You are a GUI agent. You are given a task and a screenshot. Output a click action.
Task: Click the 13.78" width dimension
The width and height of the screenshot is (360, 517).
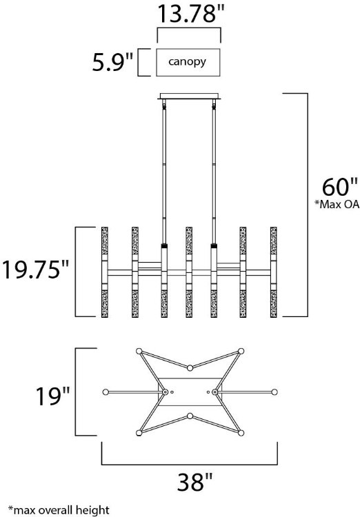pos(189,13)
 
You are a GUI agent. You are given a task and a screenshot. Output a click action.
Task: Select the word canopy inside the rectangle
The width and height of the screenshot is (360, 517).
pos(188,63)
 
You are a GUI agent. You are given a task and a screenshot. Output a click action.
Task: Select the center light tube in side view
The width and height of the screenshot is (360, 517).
pos(189,270)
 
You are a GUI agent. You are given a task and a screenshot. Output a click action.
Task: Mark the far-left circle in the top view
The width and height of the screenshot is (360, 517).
pos(105,392)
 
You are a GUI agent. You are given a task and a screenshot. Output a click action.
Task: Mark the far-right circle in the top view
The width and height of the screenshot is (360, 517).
pos(274,392)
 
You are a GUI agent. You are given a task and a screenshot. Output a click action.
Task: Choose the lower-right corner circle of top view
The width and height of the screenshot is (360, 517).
pos(240,433)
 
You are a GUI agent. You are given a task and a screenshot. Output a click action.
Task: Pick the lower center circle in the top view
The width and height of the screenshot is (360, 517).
pos(189,416)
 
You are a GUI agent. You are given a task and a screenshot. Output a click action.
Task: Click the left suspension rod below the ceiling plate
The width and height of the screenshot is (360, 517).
pos(164,172)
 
